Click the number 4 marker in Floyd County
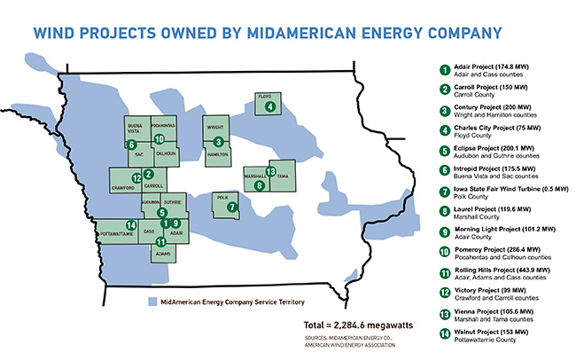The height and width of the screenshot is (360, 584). pos(270,106)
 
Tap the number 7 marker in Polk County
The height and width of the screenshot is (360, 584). pos(232,207)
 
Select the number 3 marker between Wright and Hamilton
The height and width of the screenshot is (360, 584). pos(219,142)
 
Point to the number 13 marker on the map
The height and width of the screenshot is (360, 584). pos(271,171)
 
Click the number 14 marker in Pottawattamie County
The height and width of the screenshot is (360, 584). pos(131,225)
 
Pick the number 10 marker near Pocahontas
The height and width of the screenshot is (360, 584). pos(159,139)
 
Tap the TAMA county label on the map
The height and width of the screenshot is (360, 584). pos(283,176)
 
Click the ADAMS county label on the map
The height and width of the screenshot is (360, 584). pos(163,254)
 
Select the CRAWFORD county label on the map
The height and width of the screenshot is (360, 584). pos(123,188)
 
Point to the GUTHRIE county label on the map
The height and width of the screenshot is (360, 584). pos(173,202)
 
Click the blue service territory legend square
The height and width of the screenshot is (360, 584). pos(152,301)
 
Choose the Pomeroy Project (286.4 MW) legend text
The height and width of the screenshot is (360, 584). pos(497,250)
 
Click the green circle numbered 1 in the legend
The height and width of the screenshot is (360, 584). pos(445,70)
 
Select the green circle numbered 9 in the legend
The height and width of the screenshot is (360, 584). pos(445,232)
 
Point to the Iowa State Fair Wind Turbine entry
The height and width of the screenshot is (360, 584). pos(511,189)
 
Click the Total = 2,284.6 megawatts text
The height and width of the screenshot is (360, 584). pos(358,325)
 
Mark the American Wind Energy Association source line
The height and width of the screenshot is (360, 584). pos(350,346)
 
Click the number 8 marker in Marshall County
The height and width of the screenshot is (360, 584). pos(260,185)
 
